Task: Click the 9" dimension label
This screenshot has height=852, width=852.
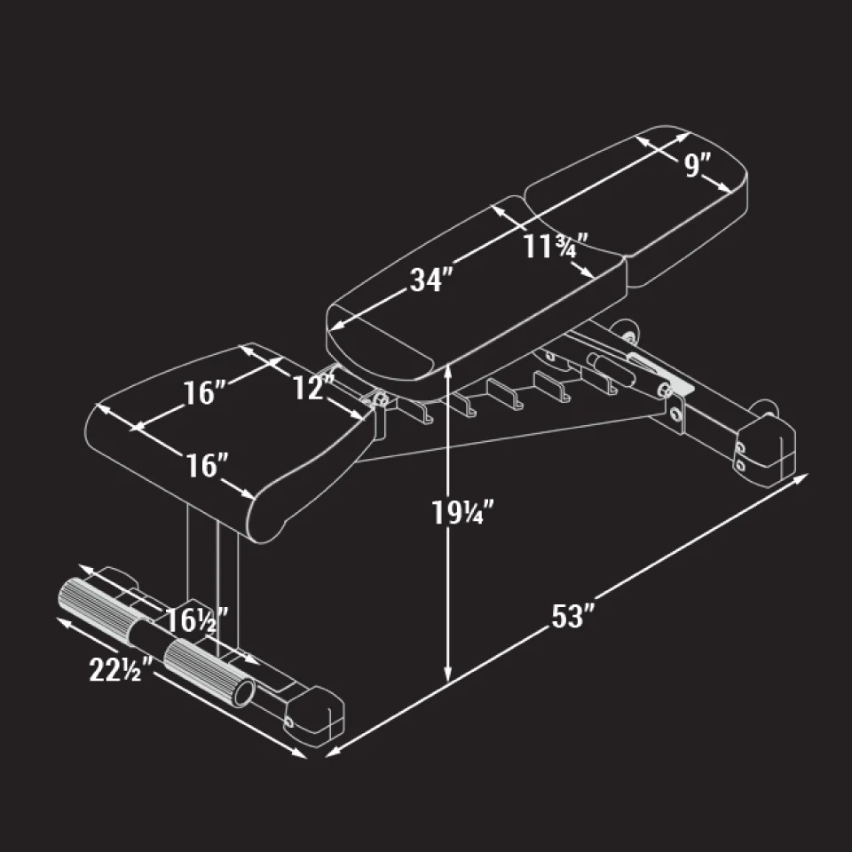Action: point(699,166)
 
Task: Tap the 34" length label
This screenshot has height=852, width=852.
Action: point(431,280)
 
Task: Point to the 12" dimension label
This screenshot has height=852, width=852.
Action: point(313,387)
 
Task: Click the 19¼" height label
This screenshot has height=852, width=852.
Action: point(462,513)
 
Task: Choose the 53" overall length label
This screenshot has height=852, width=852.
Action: point(572,616)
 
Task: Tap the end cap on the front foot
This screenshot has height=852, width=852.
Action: point(315,714)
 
